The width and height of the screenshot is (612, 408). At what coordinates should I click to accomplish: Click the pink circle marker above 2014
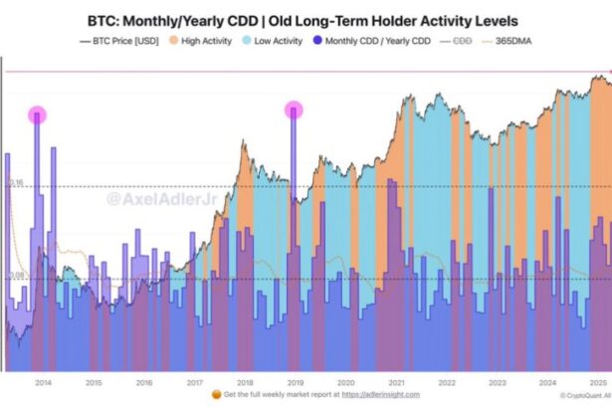[x=38, y=114]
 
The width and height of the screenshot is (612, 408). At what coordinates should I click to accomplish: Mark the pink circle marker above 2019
[x=293, y=110]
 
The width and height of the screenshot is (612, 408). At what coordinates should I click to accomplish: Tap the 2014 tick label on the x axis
[x=44, y=382]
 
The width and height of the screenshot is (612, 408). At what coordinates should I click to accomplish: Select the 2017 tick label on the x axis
[x=195, y=382]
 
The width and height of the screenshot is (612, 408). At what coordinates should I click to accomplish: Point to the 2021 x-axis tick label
[x=396, y=382]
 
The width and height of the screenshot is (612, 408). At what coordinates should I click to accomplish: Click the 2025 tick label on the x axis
[x=598, y=382]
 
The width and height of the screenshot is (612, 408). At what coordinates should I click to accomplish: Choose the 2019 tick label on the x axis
[x=296, y=382]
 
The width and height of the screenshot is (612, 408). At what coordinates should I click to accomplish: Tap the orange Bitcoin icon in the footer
[x=216, y=395]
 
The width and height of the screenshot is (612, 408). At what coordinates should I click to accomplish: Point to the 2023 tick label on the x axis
[x=497, y=382]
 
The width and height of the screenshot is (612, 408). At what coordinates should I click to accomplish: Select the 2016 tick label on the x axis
[x=144, y=382]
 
